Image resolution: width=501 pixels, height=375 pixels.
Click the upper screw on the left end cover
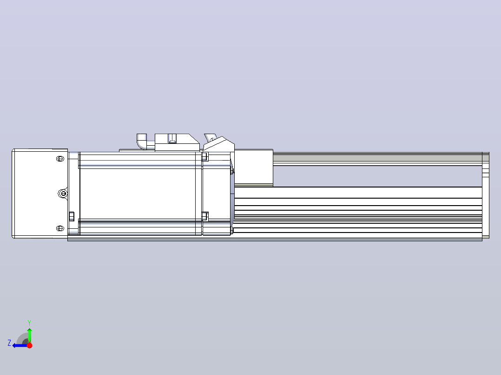[x=60, y=159]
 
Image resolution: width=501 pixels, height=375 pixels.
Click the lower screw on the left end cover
[x=60, y=228]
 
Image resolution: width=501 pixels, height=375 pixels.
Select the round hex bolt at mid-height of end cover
[x=63, y=194]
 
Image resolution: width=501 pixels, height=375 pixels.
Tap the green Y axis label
[x=29, y=323]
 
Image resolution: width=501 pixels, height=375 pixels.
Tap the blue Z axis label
[x=9, y=343]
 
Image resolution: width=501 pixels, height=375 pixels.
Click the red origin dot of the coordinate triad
[x=29, y=345]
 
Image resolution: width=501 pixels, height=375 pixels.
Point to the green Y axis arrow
[x=29, y=335]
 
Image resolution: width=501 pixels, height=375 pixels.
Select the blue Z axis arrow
[x=20, y=345]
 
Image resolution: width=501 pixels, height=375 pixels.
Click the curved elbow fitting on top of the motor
[x=143, y=141]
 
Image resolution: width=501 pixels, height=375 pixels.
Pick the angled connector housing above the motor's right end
[x=219, y=144]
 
